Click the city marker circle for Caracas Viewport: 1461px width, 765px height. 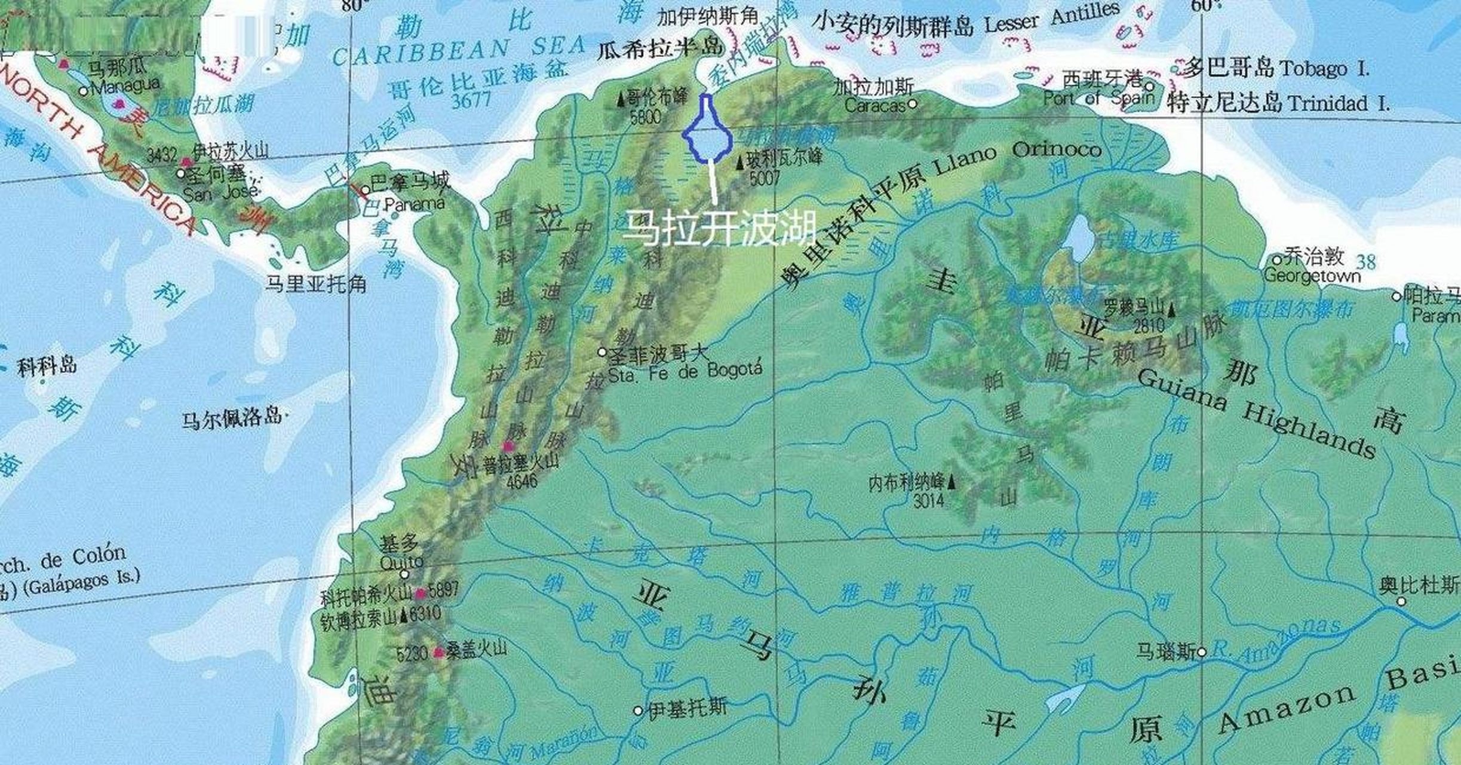click(x=912, y=104)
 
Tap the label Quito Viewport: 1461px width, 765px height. click(x=401, y=562)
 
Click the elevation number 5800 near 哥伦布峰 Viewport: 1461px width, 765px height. click(x=646, y=117)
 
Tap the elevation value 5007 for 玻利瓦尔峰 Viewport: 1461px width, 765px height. click(x=765, y=178)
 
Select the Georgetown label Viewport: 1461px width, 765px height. click(x=1312, y=276)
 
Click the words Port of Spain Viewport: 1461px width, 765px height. click(x=1098, y=97)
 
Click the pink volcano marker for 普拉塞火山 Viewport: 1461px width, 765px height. click(x=508, y=446)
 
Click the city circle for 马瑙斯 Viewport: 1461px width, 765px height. click(x=1202, y=652)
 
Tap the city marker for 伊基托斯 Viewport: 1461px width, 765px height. click(x=638, y=711)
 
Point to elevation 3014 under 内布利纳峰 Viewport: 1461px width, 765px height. click(x=928, y=501)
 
